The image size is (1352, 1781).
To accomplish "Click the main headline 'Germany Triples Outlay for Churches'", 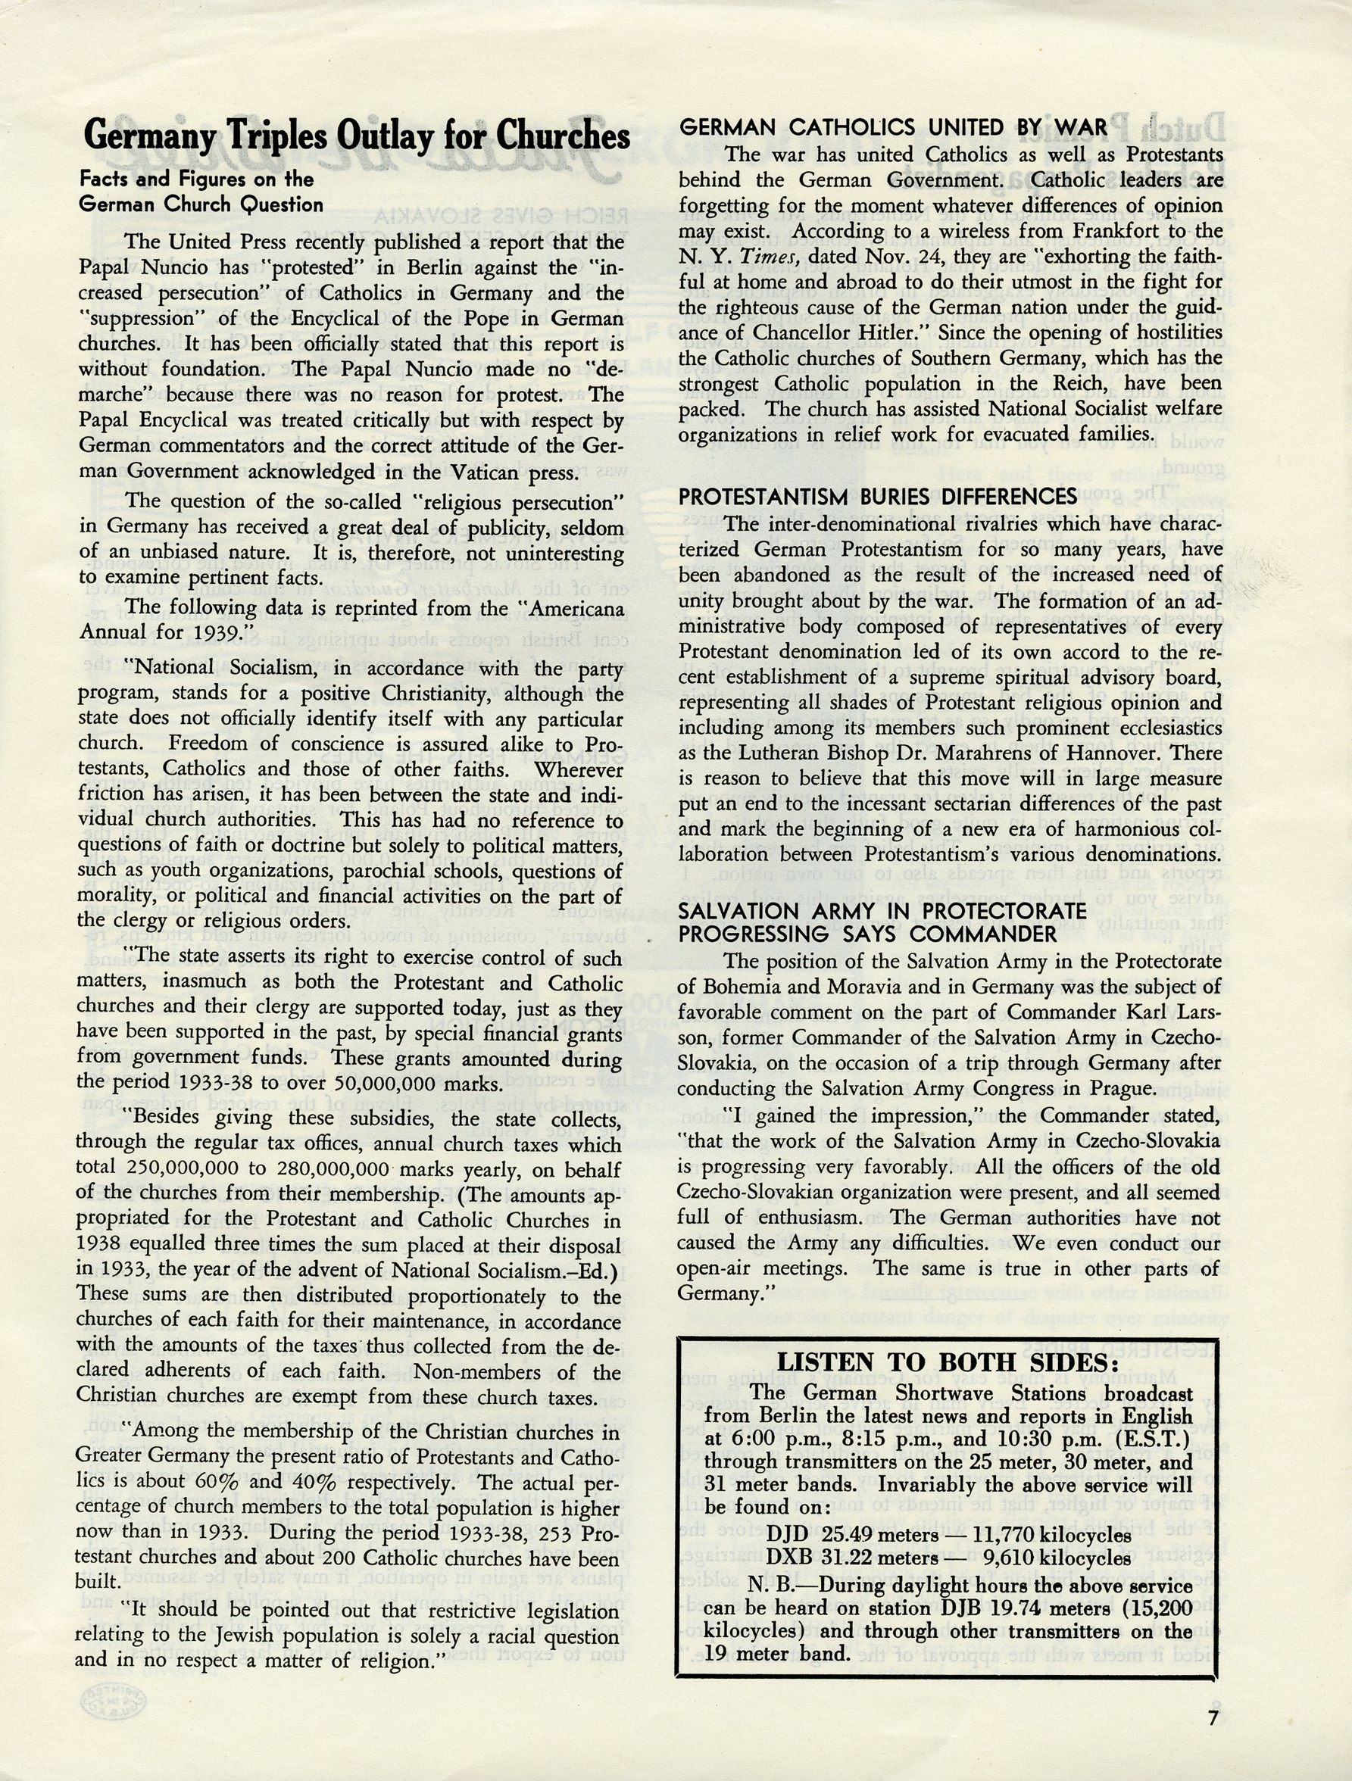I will pyautogui.click(x=356, y=136).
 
